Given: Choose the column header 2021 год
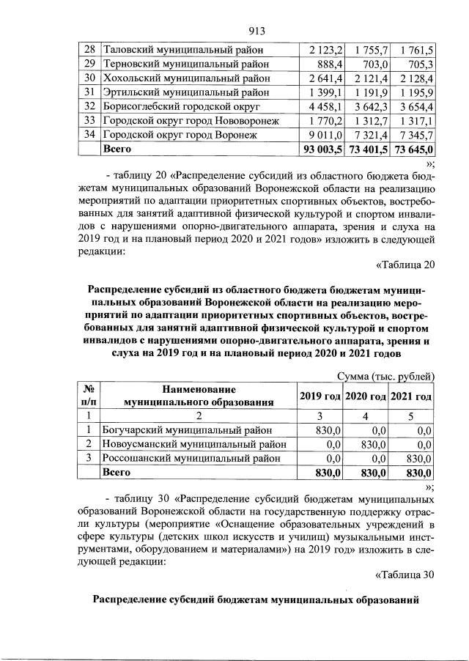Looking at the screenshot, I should [412, 396].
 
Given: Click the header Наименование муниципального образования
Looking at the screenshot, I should [199, 396].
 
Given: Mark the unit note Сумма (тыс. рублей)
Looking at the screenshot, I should [386, 376].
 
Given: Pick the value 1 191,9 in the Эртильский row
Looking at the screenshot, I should [370, 92].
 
